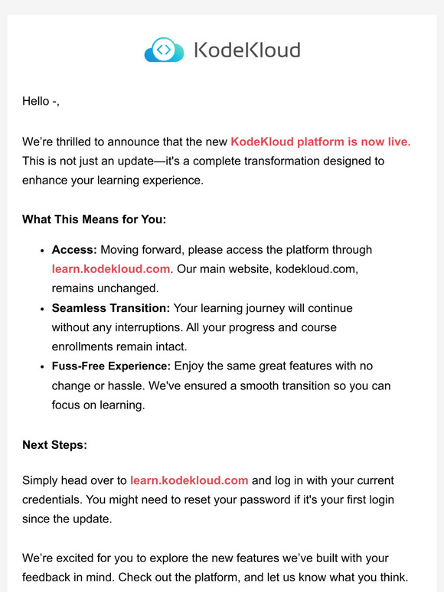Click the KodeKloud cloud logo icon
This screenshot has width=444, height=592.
point(164,50)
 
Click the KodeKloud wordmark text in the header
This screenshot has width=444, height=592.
point(246,50)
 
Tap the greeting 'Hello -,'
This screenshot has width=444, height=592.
point(41,102)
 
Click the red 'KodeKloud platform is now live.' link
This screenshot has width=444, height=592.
point(321,141)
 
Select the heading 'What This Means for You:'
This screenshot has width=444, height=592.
point(94,220)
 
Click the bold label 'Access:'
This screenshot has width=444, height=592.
point(74,249)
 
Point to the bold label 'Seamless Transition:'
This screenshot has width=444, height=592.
point(111,308)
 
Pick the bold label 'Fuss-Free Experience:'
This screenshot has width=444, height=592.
point(111,367)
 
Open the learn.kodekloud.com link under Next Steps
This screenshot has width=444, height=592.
point(189,480)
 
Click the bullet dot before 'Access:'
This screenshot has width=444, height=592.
point(41,250)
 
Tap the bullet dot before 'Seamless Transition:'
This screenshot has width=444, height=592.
point(41,309)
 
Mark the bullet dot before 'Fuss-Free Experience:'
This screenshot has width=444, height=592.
point(41,368)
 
